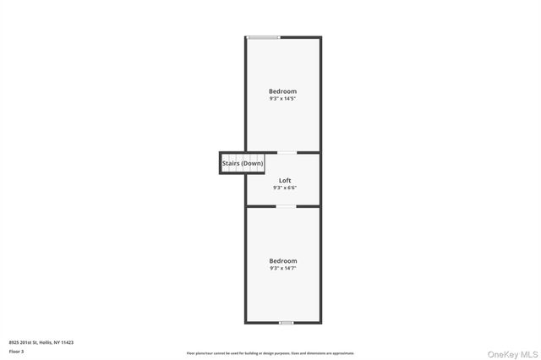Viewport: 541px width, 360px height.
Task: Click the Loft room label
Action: click(x=284, y=181)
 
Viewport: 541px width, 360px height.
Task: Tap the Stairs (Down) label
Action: click(x=243, y=163)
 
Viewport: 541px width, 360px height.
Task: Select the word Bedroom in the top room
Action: click(x=283, y=91)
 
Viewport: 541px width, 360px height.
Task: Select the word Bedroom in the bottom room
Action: click(x=283, y=261)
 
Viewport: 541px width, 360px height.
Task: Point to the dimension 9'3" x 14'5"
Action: click(x=283, y=99)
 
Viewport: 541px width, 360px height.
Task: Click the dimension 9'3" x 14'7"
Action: click(x=283, y=269)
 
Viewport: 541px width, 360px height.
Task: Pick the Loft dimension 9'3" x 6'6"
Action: click(x=284, y=188)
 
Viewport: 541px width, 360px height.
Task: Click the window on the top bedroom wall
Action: click(x=263, y=37)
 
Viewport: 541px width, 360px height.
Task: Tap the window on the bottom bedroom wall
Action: click(x=287, y=322)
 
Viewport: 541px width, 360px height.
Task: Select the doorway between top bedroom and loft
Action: click(x=287, y=153)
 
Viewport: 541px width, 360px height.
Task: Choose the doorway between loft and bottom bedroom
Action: click(x=287, y=206)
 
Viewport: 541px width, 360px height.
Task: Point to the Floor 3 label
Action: click(x=16, y=351)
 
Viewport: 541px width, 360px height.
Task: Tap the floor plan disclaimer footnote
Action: click(x=270, y=353)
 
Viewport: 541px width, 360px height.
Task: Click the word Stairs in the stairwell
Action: click(x=232, y=163)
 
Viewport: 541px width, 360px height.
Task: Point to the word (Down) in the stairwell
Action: click(x=253, y=163)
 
